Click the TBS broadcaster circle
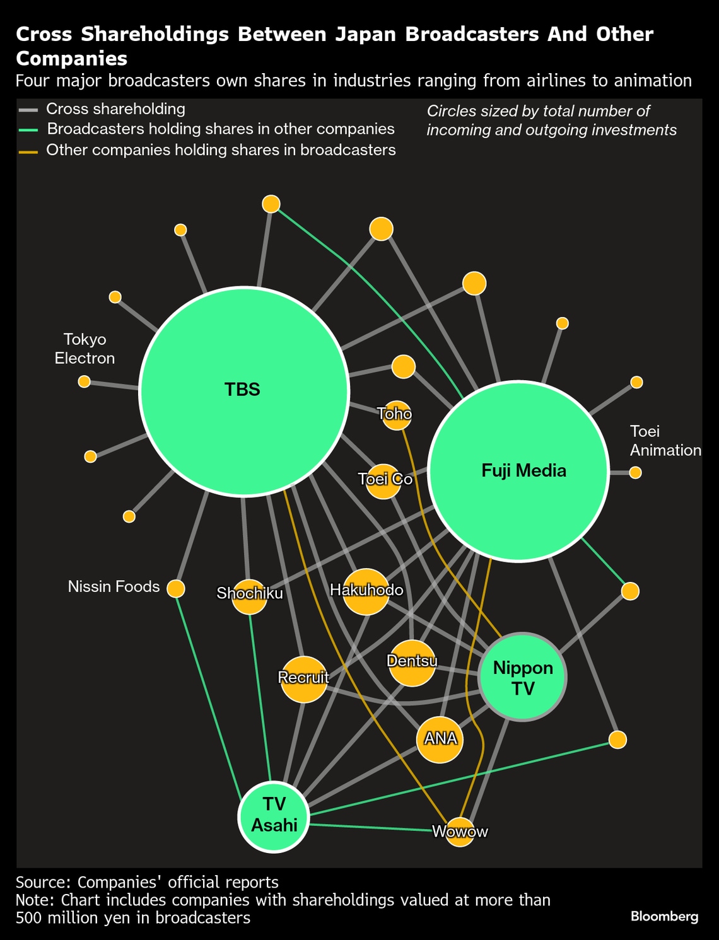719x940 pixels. click(x=244, y=391)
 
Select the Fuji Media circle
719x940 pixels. click(x=518, y=471)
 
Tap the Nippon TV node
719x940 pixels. click(x=522, y=677)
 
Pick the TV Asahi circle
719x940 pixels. click(x=274, y=816)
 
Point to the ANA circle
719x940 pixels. click(x=440, y=740)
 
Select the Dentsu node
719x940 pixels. click(x=412, y=663)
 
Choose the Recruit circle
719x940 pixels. click(x=304, y=679)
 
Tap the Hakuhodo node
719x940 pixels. click(x=366, y=591)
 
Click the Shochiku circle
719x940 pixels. click(x=249, y=596)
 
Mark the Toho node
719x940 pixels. click(x=397, y=415)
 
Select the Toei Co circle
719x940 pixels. click(x=383, y=482)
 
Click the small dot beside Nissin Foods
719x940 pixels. click(x=175, y=588)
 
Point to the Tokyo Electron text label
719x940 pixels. click(x=85, y=349)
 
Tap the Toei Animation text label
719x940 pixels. click(x=665, y=441)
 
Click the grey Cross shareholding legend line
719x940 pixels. click(x=28, y=110)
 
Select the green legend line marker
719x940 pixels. click(x=28, y=131)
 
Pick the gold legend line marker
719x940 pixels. click(x=28, y=151)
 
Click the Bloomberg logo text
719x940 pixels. click(x=664, y=917)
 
